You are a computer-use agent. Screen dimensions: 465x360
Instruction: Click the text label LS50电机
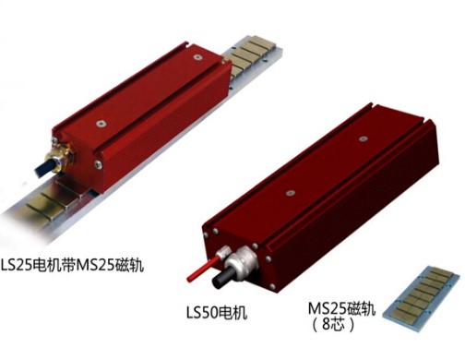(217, 313)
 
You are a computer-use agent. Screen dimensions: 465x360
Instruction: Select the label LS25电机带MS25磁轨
(73, 265)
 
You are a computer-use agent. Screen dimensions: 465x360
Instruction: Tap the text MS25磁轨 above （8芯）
(342, 309)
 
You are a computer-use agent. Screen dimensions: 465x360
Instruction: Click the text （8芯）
(332, 324)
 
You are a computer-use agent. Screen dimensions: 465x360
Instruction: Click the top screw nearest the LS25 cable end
(101, 124)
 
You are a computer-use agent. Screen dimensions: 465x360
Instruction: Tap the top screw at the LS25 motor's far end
(197, 57)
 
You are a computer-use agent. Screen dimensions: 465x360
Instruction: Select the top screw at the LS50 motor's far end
(364, 138)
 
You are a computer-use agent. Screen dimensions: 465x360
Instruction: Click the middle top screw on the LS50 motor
(290, 193)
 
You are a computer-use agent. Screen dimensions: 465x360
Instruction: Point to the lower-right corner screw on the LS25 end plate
(98, 164)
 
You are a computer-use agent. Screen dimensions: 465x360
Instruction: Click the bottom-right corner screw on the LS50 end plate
(272, 287)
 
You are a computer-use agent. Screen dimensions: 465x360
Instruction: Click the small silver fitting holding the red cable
(222, 253)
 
